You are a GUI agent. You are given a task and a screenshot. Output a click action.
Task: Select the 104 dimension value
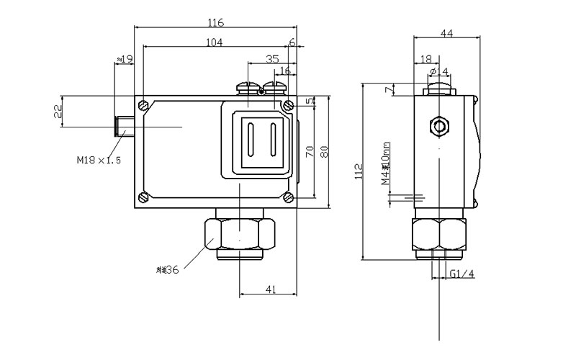pos(214,42)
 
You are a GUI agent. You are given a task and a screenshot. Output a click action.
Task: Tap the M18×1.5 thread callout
pos(99,160)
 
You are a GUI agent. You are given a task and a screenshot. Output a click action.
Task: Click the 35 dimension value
pos(272,59)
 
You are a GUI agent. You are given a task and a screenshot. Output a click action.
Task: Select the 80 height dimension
pos(323,153)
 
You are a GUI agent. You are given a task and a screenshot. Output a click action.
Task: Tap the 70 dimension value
pos(309,151)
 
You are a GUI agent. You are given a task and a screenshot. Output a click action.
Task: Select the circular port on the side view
pos(438,127)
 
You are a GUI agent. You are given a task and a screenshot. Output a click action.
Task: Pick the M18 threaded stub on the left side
pos(125,125)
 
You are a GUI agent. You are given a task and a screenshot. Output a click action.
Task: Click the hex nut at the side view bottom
pos(439,234)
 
